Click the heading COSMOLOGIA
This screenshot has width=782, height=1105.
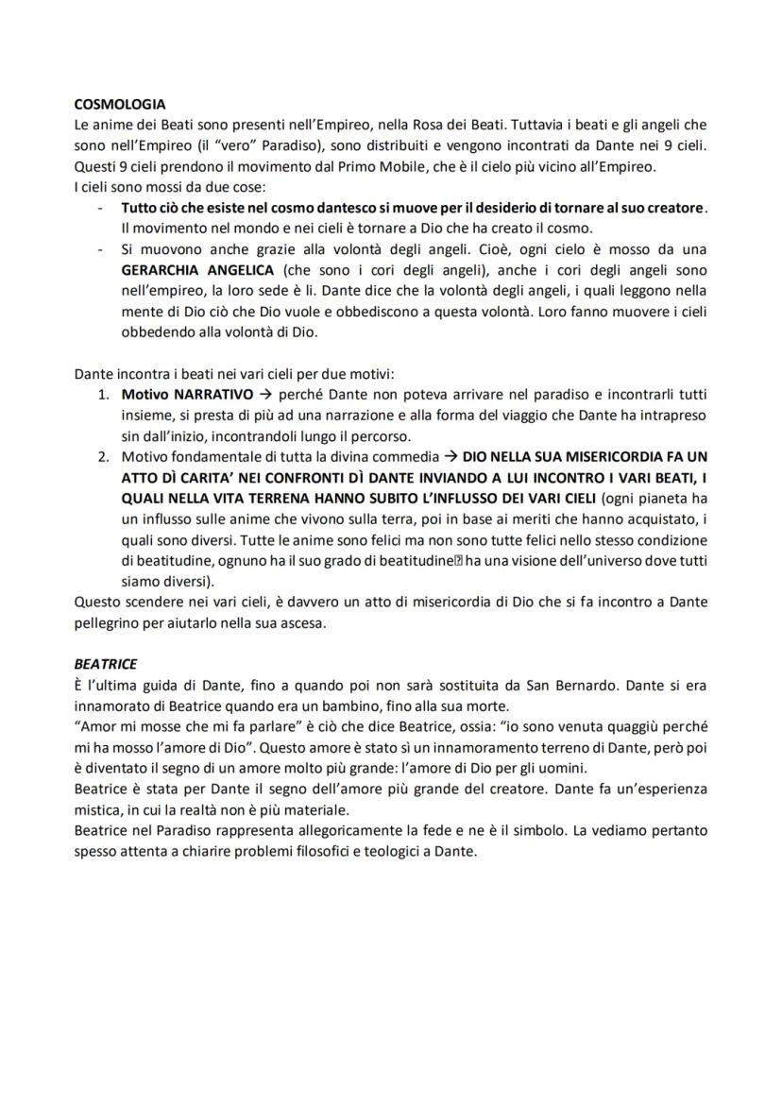pyautogui.click(x=120, y=104)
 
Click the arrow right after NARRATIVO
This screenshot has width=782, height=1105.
pyautogui.click(x=265, y=394)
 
